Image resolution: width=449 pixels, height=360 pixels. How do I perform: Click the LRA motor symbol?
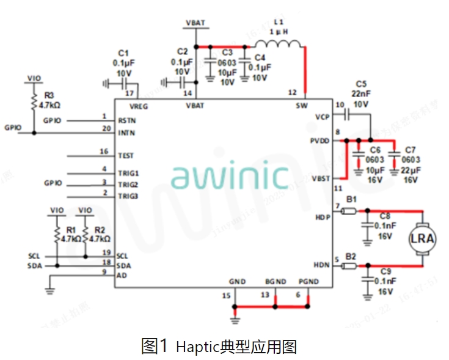point(422,238)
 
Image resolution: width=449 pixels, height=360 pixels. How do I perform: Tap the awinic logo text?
point(230,176)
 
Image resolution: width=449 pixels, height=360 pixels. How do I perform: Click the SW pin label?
point(302,105)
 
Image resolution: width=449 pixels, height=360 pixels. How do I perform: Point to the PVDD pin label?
point(318,141)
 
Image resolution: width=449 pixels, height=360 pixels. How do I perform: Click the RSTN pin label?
point(127,120)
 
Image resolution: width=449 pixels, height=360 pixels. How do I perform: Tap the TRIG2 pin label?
point(128,185)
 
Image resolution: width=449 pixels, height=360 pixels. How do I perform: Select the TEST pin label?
point(126,156)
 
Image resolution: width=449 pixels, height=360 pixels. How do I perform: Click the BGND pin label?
point(276,282)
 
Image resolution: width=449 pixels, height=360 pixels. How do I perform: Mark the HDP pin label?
point(323,216)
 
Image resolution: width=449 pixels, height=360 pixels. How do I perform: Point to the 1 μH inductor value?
point(279,31)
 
